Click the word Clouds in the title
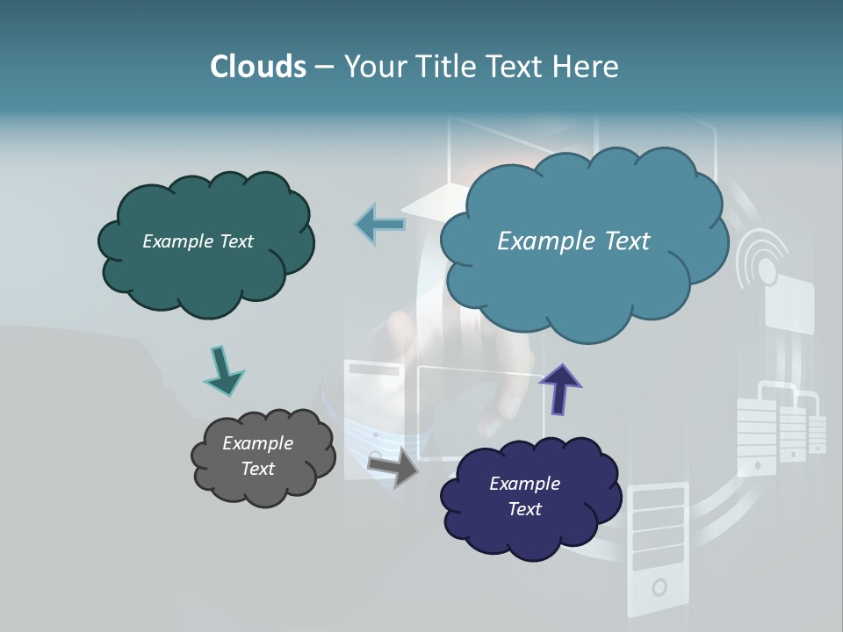(257, 67)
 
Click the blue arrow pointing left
(381, 224)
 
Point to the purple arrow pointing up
(560, 389)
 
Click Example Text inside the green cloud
(198, 241)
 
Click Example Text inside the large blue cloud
(573, 241)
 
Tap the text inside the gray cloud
(258, 456)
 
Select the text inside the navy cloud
(524, 496)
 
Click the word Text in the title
(516, 67)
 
